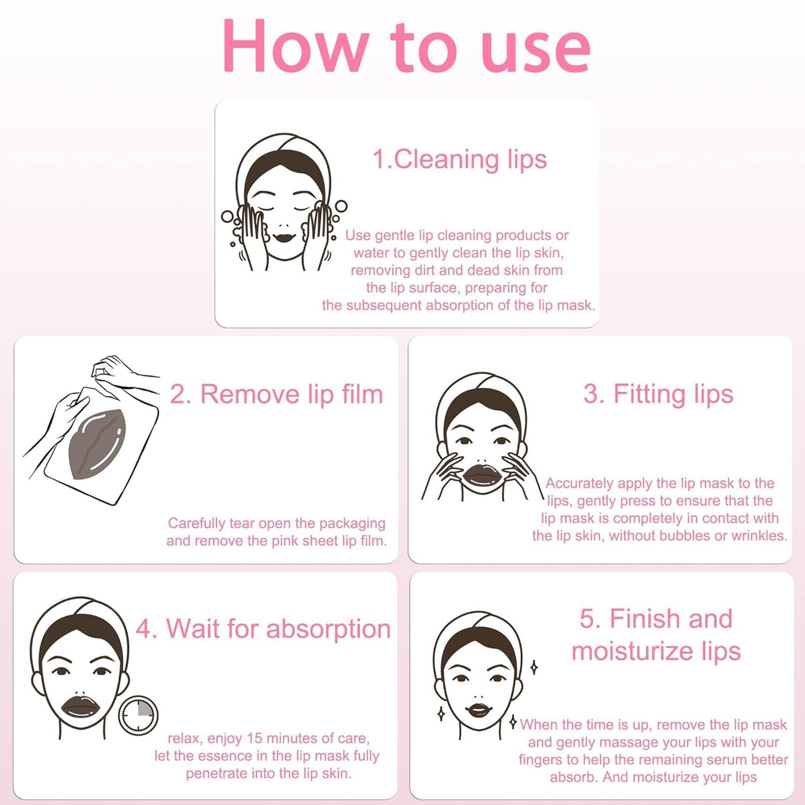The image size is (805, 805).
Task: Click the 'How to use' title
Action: click(406, 46)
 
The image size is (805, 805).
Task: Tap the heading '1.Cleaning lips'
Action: click(459, 159)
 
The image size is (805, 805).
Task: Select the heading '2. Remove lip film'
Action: click(276, 394)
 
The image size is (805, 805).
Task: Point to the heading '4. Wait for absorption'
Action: click(263, 628)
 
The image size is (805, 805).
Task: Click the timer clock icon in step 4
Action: click(138, 714)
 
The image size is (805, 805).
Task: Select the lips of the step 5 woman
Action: click(477, 710)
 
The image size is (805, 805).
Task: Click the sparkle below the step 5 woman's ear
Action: click(513, 722)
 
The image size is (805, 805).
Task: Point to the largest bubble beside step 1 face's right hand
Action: click(341, 206)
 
